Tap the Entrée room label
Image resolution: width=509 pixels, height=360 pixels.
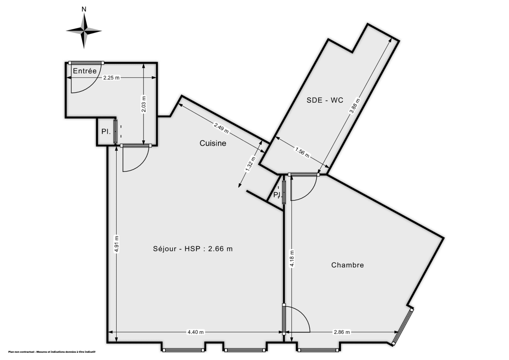tap(85, 71)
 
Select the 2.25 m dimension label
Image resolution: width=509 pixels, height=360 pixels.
tap(112, 78)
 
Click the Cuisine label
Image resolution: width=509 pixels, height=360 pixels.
tap(213, 143)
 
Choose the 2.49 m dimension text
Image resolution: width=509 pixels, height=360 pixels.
tap(222, 127)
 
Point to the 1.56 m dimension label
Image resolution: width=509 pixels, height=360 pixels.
tap(302, 152)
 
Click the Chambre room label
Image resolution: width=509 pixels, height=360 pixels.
tap(347, 265)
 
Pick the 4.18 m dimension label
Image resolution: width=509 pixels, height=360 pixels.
tap(292, 258)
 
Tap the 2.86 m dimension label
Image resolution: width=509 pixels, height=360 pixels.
tap(342, 332)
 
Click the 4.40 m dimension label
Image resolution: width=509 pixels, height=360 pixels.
tap(196, 332)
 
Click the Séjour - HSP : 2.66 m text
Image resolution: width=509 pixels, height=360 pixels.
tap(193, 249)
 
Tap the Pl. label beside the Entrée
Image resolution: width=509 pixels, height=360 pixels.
tap(106, 132)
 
